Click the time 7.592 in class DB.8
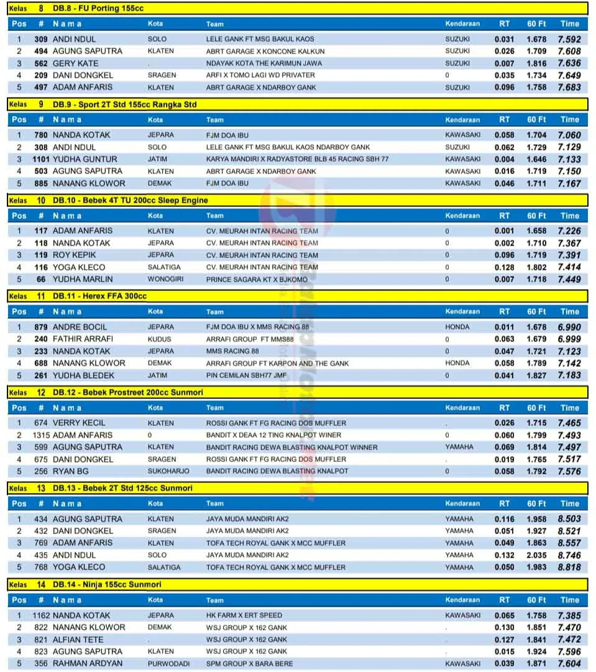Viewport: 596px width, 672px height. [x=569, y=39]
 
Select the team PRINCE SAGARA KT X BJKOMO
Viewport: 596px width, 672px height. [x=257, y=279]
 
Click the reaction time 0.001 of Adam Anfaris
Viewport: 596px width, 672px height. [x=504, y=231]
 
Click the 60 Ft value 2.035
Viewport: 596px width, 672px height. [x=536, y=555]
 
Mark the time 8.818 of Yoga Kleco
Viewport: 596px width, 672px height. [x=569, y=567]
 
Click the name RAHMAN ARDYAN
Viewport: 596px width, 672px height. [x=88, y=663]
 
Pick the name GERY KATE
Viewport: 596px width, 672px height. [x=75, y=63]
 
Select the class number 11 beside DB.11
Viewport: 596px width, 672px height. [x=40, y=297]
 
